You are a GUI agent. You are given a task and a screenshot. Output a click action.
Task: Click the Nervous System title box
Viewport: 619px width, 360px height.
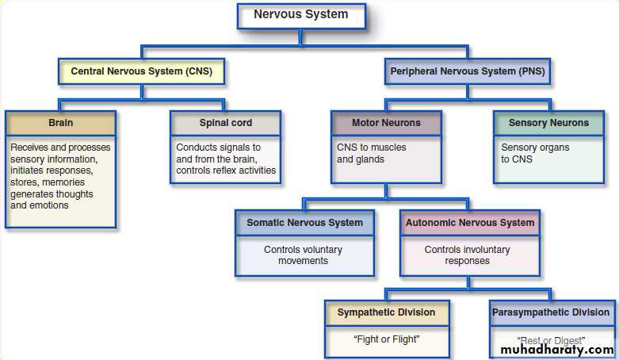click(300, 15)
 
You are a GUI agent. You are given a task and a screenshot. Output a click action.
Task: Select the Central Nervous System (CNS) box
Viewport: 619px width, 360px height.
click(141, 71)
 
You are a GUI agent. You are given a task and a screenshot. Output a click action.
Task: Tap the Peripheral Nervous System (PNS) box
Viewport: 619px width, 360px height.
click(468, 71)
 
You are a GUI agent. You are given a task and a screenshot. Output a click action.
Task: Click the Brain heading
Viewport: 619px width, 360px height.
click(60, 123)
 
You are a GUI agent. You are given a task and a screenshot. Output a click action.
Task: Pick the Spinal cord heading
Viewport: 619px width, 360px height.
click(226, 123)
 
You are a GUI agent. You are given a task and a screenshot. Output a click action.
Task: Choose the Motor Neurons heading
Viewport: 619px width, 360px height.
click(386, 123)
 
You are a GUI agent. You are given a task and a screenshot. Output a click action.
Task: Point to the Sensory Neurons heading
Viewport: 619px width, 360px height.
click(548, 123)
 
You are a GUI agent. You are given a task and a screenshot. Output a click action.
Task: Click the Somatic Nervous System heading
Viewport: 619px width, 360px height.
click(304, 223)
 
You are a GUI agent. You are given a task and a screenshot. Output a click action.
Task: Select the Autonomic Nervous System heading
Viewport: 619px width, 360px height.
click(470, 223)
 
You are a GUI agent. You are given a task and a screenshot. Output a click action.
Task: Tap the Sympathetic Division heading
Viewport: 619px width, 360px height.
click(386, 312)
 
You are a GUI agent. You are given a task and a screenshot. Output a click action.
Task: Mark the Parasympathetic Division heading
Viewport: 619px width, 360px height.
click(551, 312)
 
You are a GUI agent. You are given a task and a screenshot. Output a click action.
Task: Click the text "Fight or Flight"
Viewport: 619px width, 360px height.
click(386, 339)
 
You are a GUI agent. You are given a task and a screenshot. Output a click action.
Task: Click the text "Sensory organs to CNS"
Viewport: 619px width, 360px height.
click(535, 153)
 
